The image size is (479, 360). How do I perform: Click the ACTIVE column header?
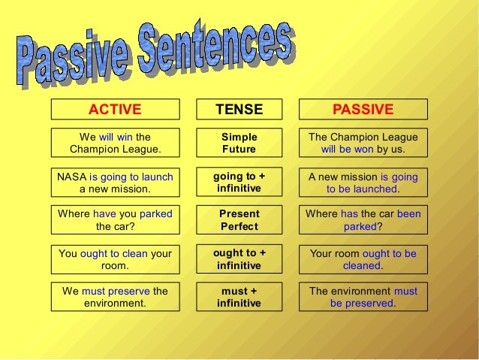pyautogui.click(x=115, y=110)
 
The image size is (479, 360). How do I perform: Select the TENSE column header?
pyautogui.click(x=239, y=110)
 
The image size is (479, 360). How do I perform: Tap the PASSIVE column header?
pyautogui.click(x=363, y=110)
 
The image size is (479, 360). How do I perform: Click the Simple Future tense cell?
pyautogui.click(x=239, y=143)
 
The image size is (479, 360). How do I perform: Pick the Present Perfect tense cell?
pyautogui.click(x=239, y=219)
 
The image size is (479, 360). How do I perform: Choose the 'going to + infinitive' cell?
pyautogui.click(x=239, y=182)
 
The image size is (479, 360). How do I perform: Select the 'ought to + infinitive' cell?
pyautogui.click(x=239, y=259)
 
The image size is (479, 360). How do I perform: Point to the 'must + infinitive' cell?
pyautogui.click(x=239, y=297)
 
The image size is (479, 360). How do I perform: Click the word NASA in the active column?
pyautogui.click(x=72, y=177)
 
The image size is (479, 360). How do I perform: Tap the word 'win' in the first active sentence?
pyautogui.click(x=125, y=137)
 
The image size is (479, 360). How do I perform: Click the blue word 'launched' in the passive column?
pyautogui.click(x=373, y=189)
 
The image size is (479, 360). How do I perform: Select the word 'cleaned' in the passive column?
pyautogui.click(x=362, y=266)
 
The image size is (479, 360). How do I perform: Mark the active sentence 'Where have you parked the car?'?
pyautogui.click(x=115, y=219)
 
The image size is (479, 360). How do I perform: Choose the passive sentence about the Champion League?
pyautogui.click(x=363, y=143)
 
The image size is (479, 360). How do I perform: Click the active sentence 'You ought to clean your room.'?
pyautogui.click(x=115, y=259)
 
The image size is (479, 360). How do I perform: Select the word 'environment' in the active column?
pyautogui.click(x=115, y=304)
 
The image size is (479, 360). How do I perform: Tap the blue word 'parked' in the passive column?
pyautogui.click(x=359, y=226)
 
